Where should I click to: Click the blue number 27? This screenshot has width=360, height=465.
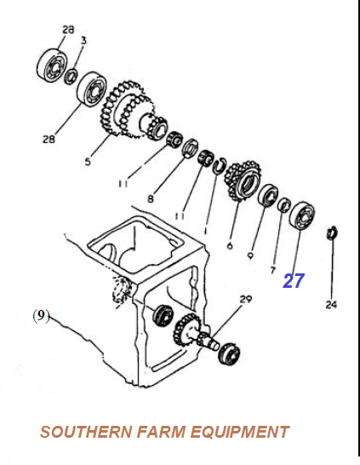tap(294, 280)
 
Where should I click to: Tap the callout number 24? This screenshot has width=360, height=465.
tap(331, 304)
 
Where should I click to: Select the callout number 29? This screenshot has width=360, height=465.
tap(246, 300)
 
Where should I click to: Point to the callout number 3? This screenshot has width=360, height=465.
tap(83, 40)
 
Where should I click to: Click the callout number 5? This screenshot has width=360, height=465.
tap(88, 162)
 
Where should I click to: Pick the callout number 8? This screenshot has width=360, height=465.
tap(151, 198)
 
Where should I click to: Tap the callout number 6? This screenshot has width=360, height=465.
tap(230, 245)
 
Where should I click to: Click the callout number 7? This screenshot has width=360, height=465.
tap(273, 270)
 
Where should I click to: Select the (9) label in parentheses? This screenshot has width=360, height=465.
tap(41, 316)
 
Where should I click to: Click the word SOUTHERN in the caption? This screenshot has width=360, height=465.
tap(86, 432)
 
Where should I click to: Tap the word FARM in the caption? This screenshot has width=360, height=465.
tap(161, 432)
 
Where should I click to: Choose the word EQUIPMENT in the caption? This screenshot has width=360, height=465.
tap(240, 432)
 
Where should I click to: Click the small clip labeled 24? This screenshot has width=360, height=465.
tap(332, 232)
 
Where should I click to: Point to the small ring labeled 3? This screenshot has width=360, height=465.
tap(71, 76)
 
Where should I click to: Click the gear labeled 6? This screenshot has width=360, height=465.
tap(243, 181)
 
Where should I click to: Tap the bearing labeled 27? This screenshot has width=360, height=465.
tap(301, 217)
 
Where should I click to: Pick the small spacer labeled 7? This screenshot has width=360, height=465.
tap(284, 204)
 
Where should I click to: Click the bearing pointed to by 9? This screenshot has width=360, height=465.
tap(268, 195)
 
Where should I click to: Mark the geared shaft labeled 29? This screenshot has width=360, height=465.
tap(197, 333)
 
